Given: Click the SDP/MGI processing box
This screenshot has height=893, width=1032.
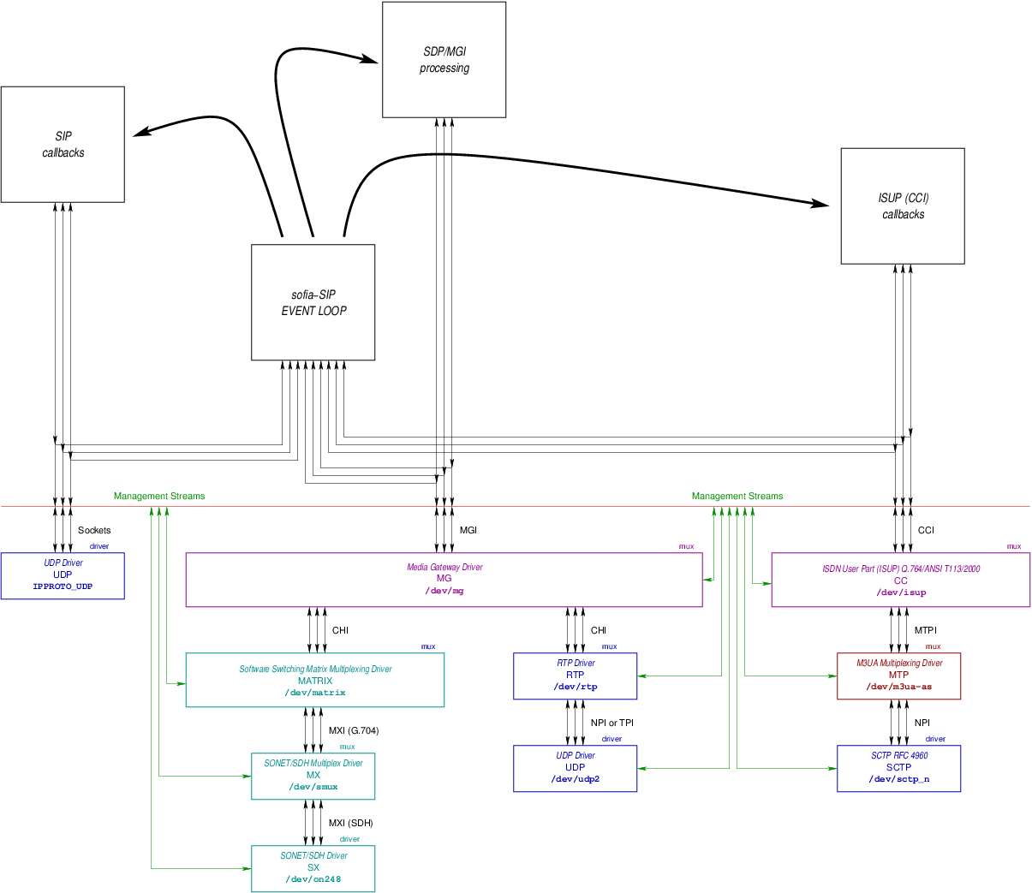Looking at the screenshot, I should (444, 59).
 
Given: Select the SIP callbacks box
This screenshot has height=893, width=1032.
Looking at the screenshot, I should (63, 144).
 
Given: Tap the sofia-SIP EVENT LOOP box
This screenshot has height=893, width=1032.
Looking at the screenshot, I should (313, 302).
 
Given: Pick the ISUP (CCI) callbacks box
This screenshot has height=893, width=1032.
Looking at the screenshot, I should (903, 205).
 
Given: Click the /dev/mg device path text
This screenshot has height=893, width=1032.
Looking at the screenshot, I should (444, 591).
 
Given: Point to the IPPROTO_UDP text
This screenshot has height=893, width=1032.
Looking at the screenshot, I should (63, 586).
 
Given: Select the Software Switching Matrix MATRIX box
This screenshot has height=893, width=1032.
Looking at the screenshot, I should (315, 680).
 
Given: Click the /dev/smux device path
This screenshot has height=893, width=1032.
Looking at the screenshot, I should (313, 787).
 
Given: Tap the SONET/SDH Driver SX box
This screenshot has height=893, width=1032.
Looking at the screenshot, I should (313, 868).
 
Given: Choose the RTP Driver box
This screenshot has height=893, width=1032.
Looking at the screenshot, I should (576, 676).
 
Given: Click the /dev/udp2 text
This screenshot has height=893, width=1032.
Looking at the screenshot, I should (576, 779).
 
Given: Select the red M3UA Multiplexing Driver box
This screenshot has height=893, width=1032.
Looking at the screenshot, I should (899, 676).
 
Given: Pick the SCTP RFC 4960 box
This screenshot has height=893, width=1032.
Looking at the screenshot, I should (899, 768).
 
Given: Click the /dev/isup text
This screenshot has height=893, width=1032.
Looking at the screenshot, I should (901, 592).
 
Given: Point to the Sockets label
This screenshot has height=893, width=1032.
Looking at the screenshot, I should (94, 530).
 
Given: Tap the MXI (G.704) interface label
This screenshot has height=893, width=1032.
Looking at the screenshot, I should (354, 730).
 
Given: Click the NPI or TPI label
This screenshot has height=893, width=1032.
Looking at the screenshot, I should (611, 723).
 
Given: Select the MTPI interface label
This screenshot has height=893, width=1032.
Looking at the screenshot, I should (925, 630).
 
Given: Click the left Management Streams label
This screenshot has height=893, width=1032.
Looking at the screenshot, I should (159, 496).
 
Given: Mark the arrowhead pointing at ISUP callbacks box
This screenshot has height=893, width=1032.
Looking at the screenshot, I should (820, 204).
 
